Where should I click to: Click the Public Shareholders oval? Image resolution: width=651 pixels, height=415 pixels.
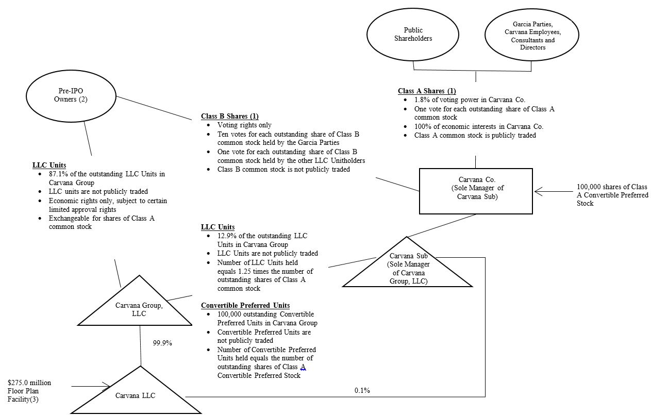[x=413, y=35]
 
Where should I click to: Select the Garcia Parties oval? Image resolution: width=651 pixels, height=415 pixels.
[x=532, y=36]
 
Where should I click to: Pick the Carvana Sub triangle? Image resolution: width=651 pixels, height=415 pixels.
[x=408, y=270]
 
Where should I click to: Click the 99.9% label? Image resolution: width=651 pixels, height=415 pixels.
[x=162, y=342]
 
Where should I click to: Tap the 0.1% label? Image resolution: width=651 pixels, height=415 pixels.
[x=362, y=390]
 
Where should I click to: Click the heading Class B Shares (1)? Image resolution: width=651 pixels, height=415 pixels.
[x=229, y=116]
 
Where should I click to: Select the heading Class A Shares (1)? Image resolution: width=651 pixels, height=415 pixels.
[x=426, y=91]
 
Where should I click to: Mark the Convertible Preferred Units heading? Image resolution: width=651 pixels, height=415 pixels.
[x=245, y=305]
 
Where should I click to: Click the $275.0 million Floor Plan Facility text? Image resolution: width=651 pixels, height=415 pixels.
[x=29, y=391]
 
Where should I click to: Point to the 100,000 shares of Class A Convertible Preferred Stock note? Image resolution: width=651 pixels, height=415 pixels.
[x=612, y=195]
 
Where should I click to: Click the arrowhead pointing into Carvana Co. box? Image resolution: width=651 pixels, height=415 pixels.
[x=538, y=192]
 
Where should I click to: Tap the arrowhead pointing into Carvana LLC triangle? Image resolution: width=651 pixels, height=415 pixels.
[x=106, y=386]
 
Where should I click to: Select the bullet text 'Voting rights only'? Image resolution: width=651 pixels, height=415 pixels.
[x=244, y=125]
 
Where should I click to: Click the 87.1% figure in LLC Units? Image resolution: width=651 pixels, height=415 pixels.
[x=58, y=174]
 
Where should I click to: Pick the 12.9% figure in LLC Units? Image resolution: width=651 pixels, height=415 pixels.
[x=227, y=236]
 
